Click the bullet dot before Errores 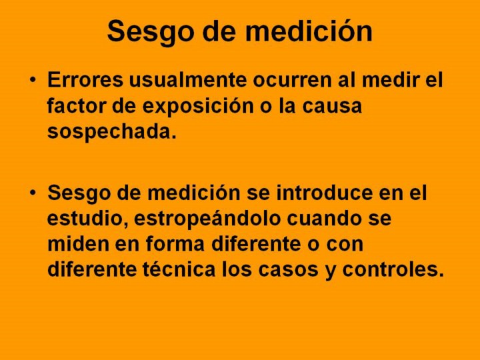point(33,79)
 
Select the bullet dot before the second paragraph point(33,193)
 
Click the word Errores point(85,80)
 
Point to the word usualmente point(188,80)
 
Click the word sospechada point(112,132)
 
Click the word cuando point(324,219)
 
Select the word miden point(79,245)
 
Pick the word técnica point(179,269)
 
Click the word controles point(393,270)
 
